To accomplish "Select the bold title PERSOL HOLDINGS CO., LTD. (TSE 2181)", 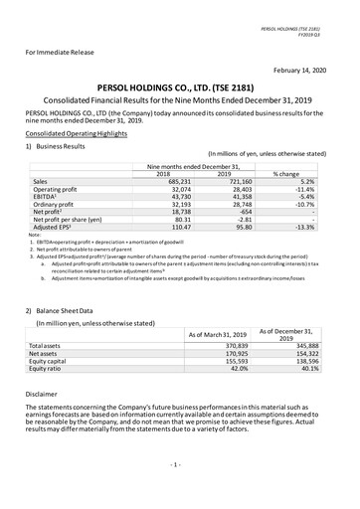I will pos(180,86).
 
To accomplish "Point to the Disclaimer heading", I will pos(41,393).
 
